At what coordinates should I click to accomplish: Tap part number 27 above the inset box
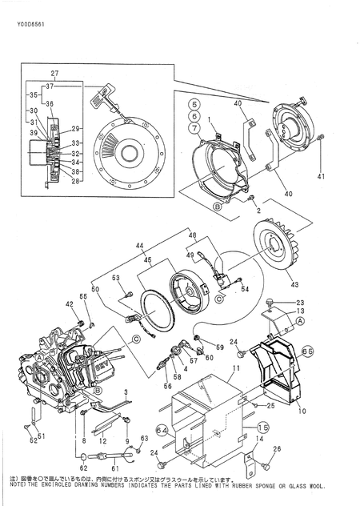(x=54, y=74)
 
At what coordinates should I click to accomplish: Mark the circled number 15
(x=263, y=428)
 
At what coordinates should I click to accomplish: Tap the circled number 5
(x=193, y=105)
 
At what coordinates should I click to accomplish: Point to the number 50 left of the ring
(x=95, y=288)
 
